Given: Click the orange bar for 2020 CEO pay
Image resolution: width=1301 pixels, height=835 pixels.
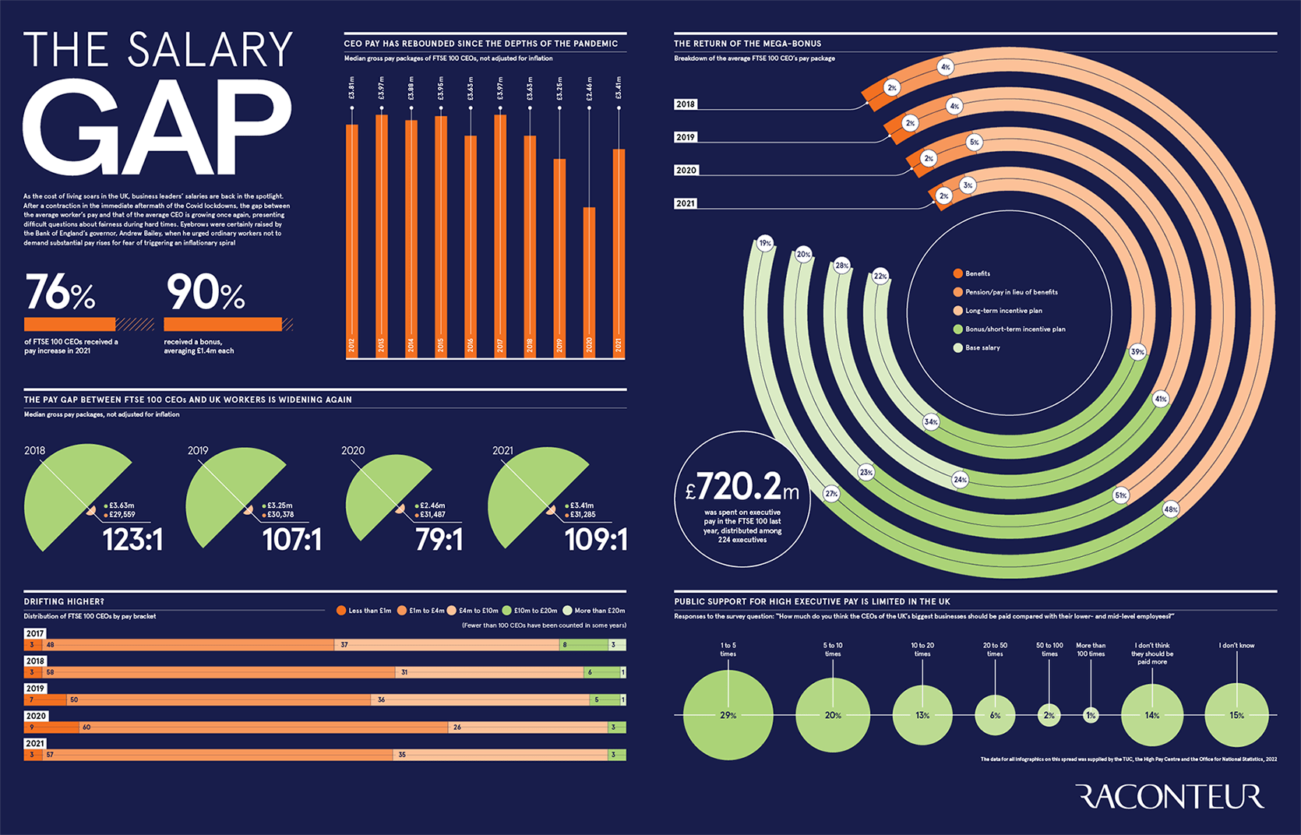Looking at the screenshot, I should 589,280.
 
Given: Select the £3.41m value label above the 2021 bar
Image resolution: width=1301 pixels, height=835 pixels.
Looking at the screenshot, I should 619,87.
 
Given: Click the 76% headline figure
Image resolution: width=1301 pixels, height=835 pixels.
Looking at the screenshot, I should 60,293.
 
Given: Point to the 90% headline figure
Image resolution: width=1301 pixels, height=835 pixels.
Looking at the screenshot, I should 205,293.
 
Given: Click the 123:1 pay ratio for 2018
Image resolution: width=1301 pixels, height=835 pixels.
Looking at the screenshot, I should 132,540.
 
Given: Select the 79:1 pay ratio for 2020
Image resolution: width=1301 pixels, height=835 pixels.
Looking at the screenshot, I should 439,540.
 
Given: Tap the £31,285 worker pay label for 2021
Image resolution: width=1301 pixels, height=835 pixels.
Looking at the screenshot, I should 582,515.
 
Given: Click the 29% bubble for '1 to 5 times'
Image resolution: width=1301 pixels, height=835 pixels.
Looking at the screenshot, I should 728,715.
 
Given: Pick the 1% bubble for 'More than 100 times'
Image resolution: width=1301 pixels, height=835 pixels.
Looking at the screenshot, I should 1091,715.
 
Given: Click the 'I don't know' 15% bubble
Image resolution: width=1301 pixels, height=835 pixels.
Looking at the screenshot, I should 1236,715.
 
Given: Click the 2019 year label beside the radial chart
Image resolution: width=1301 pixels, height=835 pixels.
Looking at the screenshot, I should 686,137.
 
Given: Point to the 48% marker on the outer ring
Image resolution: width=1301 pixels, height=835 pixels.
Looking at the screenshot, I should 1170,509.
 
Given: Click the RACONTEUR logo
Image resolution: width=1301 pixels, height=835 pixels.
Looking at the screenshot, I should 1169,797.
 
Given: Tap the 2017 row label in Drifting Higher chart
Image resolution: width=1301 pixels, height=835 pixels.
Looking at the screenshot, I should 35,633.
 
